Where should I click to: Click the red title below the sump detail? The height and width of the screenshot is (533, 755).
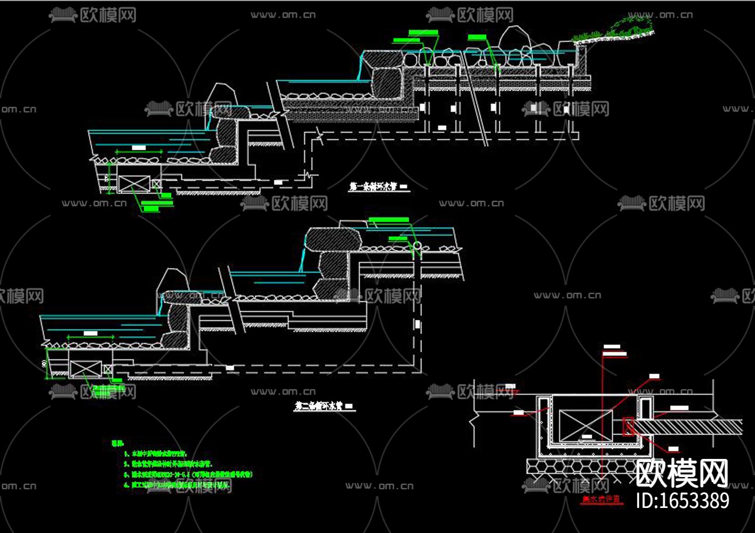(601, 500)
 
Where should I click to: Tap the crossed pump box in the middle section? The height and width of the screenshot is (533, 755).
(86, 369)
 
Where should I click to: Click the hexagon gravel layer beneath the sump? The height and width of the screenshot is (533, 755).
(582, 467)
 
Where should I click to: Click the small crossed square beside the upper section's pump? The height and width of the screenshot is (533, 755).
(156, 184)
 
